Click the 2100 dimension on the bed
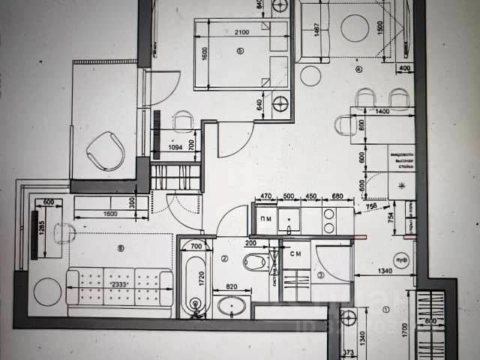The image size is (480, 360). click(241, 34)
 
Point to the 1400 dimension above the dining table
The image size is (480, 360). click(382, 112)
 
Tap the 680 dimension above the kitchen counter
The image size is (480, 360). click(337, 198)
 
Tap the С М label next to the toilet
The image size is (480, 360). click(295, 253)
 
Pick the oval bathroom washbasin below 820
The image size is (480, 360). click(232, 306)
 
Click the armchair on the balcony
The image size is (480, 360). click(105, 150)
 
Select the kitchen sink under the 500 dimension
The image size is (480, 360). click(288, 220)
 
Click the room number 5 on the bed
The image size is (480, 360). click(240, 51)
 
